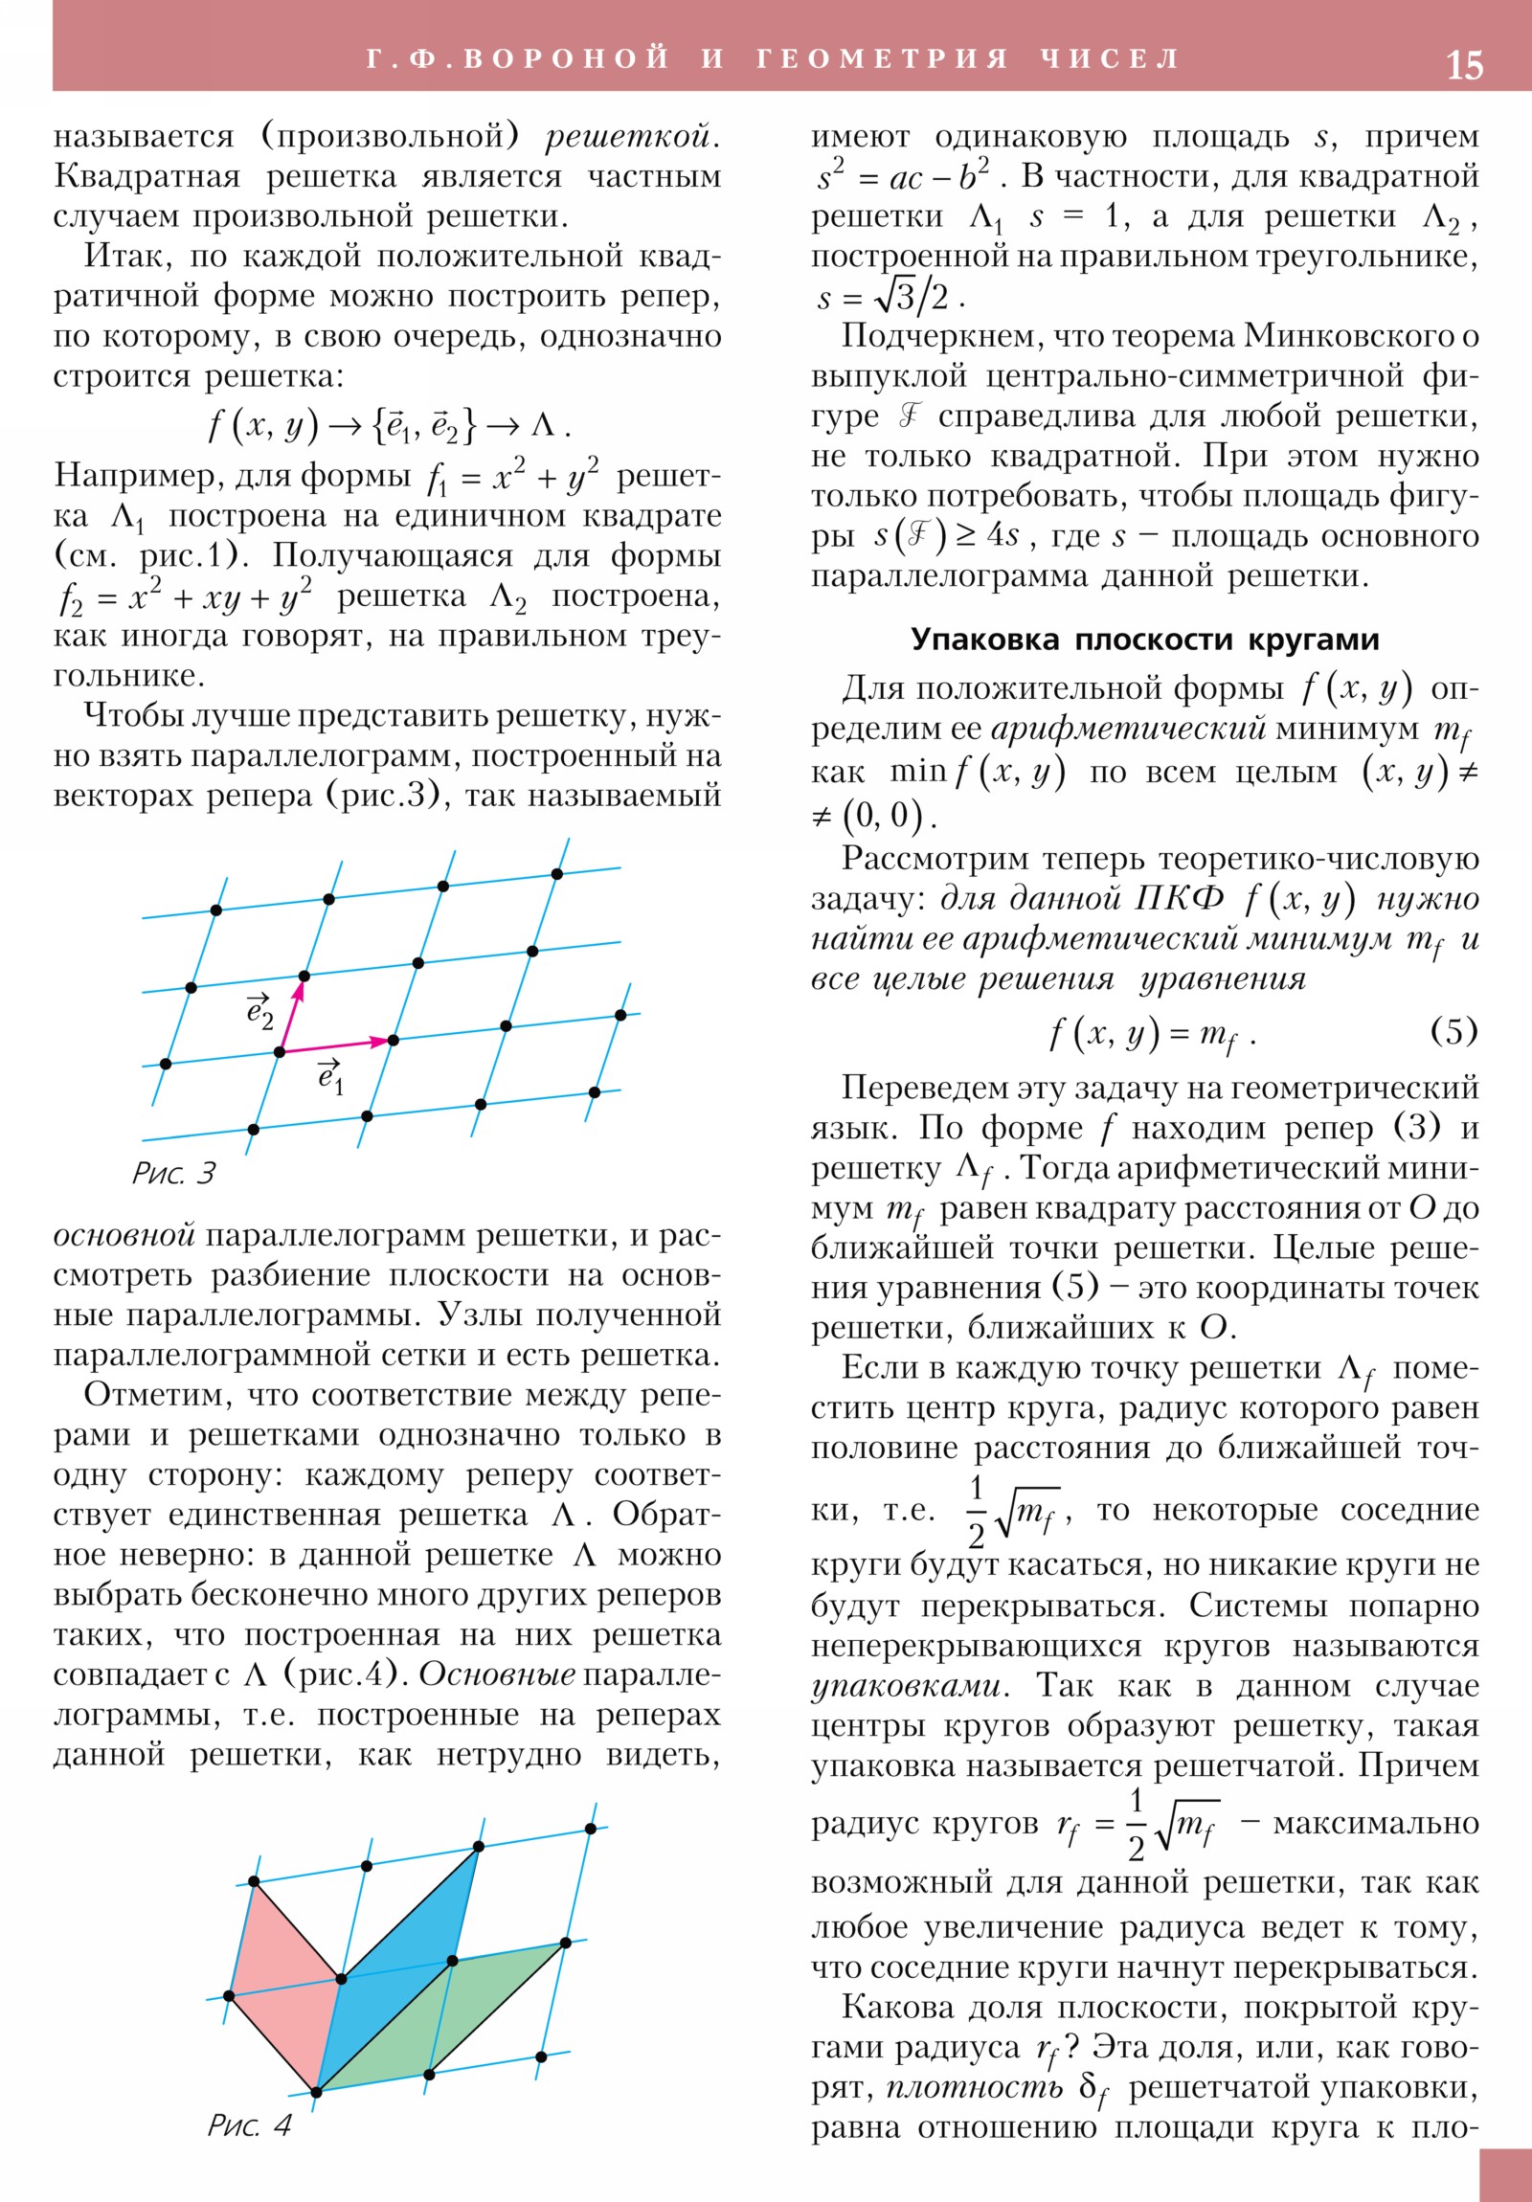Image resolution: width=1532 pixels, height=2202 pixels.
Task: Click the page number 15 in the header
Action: click(x=1463, y=64)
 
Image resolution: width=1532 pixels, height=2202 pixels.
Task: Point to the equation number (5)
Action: click(x=1453, y=1031)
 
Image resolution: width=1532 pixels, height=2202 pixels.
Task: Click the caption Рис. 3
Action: click(x=173, y=1173)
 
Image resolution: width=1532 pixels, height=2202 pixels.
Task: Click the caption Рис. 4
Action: click(x=249, y=2125)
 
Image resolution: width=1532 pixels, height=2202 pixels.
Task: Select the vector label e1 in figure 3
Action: click(x=330, y=1077)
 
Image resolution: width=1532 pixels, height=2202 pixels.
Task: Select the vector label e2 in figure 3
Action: click(x=259, y=1013)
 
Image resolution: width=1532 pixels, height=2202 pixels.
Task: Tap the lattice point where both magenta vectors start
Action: click(x=281, y=1052)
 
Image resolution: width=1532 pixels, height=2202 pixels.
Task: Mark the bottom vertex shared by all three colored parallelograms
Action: click(x=317, y=2092)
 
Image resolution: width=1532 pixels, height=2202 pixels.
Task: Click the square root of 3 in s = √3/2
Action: click(x=894, y=298)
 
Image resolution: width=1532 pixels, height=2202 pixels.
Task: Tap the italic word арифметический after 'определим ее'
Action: click(x=1128, y=729)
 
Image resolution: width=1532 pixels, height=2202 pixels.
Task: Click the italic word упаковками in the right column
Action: click(x=906, y=1685)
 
